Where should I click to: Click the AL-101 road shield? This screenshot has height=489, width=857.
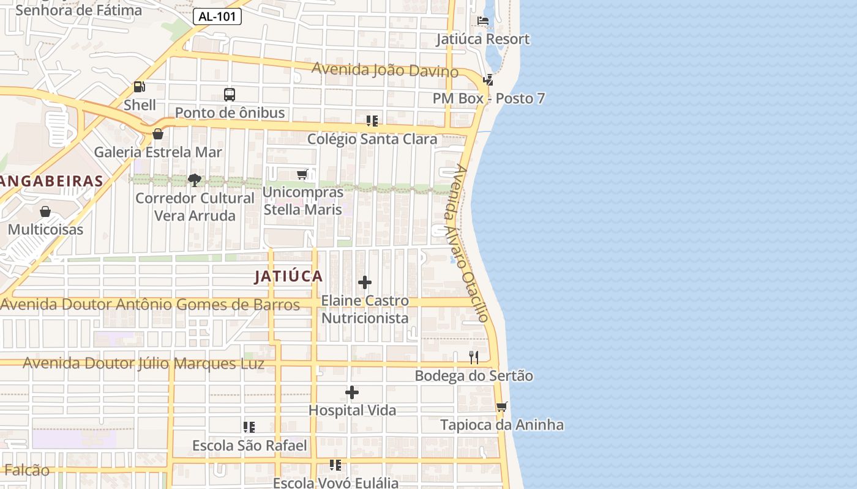217,17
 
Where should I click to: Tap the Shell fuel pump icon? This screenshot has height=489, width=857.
140,87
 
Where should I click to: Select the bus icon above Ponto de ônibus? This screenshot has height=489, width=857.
230,95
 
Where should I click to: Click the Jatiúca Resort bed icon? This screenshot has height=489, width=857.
483,21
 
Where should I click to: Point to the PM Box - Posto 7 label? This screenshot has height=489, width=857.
488,98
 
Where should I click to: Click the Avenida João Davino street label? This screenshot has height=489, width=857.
385,70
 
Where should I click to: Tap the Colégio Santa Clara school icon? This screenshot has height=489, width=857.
372,121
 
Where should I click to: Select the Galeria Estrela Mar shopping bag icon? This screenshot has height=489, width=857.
158,134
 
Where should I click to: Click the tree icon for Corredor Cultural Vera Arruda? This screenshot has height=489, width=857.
195,180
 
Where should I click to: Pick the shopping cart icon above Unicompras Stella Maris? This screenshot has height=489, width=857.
302,175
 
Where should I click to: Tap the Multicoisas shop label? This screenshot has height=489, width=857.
45,230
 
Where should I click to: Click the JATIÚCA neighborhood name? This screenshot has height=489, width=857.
289,276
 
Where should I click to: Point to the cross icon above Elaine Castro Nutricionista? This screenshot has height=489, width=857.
365,282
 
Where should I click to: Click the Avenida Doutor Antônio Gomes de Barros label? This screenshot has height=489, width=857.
151,304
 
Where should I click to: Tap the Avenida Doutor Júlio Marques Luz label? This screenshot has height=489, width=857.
144,364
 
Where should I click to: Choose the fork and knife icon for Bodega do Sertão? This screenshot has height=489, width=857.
474,358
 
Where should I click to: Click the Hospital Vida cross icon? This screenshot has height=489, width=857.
352,392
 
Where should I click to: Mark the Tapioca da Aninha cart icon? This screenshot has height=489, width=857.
502,406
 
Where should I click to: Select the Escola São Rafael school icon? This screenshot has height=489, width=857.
249,427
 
